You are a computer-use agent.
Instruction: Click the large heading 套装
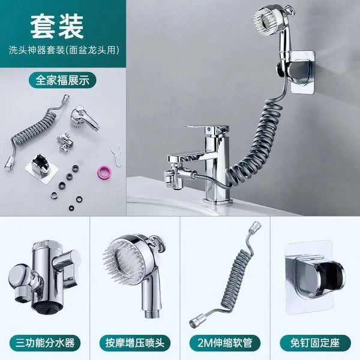point(57,27)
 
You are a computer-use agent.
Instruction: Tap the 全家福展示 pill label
point(62,80)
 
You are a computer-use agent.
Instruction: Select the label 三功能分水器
point(45,343)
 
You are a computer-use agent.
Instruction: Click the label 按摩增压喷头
point(135,343)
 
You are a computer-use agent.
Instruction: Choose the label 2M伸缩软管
point(225,343)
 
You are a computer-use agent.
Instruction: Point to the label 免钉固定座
point(315,343)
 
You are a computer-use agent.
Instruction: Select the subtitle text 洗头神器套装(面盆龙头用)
point(64,50)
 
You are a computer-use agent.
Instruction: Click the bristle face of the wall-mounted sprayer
point(265,22)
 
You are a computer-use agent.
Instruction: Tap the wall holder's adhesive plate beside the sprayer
point(303,73)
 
